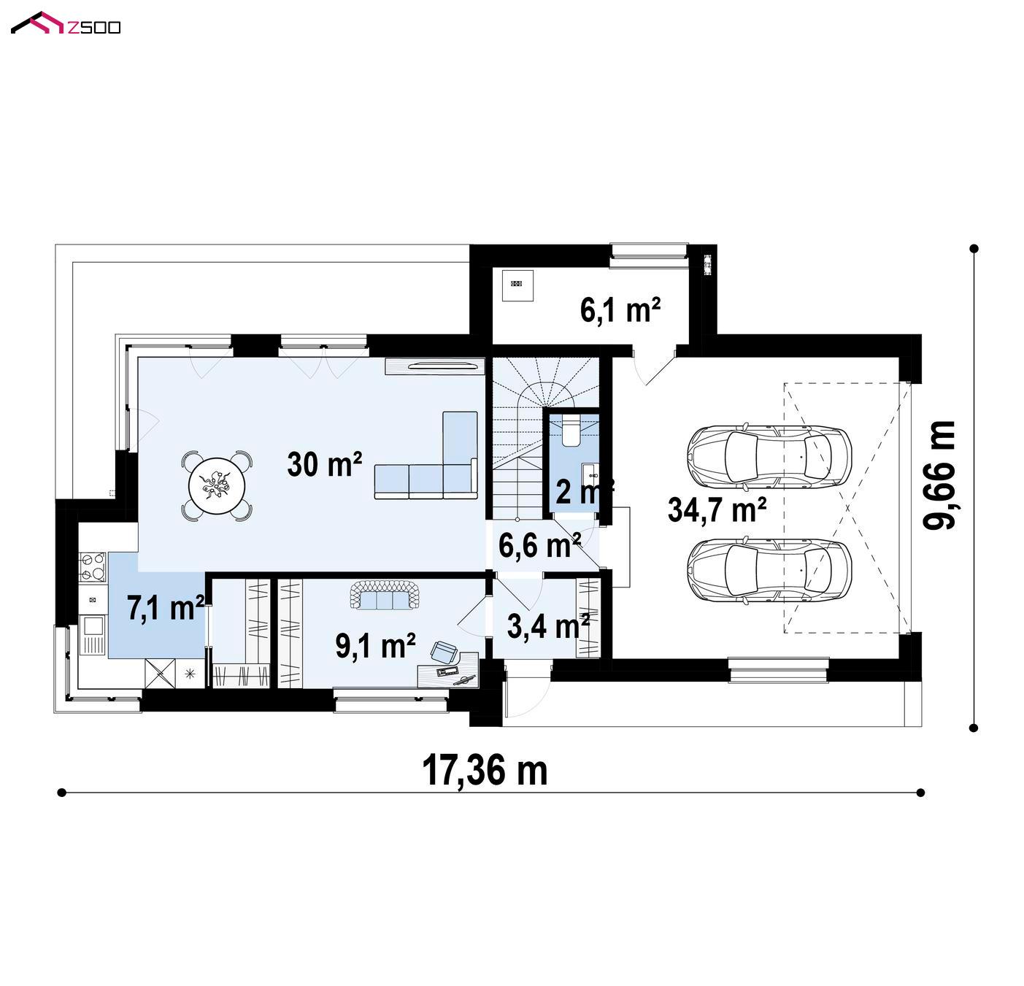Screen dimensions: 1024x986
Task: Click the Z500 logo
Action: click(x=66, y=23)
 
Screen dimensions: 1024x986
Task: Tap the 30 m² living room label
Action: click(x=324, y=464)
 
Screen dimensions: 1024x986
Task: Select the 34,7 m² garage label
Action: click(x=717, y=509)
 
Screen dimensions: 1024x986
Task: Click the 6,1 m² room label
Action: click(x=620, y=309)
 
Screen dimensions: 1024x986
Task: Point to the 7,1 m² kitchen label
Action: click(x=165, y=607)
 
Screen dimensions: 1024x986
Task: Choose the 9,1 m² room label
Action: click(x=375, y=645)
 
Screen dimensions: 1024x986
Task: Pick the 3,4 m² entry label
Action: click(x=548, y=625)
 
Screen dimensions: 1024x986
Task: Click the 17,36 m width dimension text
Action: click(x=485, y=770)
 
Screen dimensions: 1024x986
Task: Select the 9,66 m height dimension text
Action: click(x=939, y=474)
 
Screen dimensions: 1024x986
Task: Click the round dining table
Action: click(x=217, y=485)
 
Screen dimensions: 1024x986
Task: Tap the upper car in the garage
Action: click(x=769, y=455)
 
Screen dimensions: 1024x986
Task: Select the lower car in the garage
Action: click(x=769, y=569)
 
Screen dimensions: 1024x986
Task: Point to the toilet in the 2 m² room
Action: click(x=571, y=431)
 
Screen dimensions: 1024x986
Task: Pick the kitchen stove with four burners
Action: click(x=92, y=566)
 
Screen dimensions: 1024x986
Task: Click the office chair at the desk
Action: click(x=444, y=652)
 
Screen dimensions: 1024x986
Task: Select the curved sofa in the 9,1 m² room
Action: click(x=385, y=595)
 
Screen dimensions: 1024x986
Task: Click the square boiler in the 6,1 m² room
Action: click(x=517, y=285)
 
